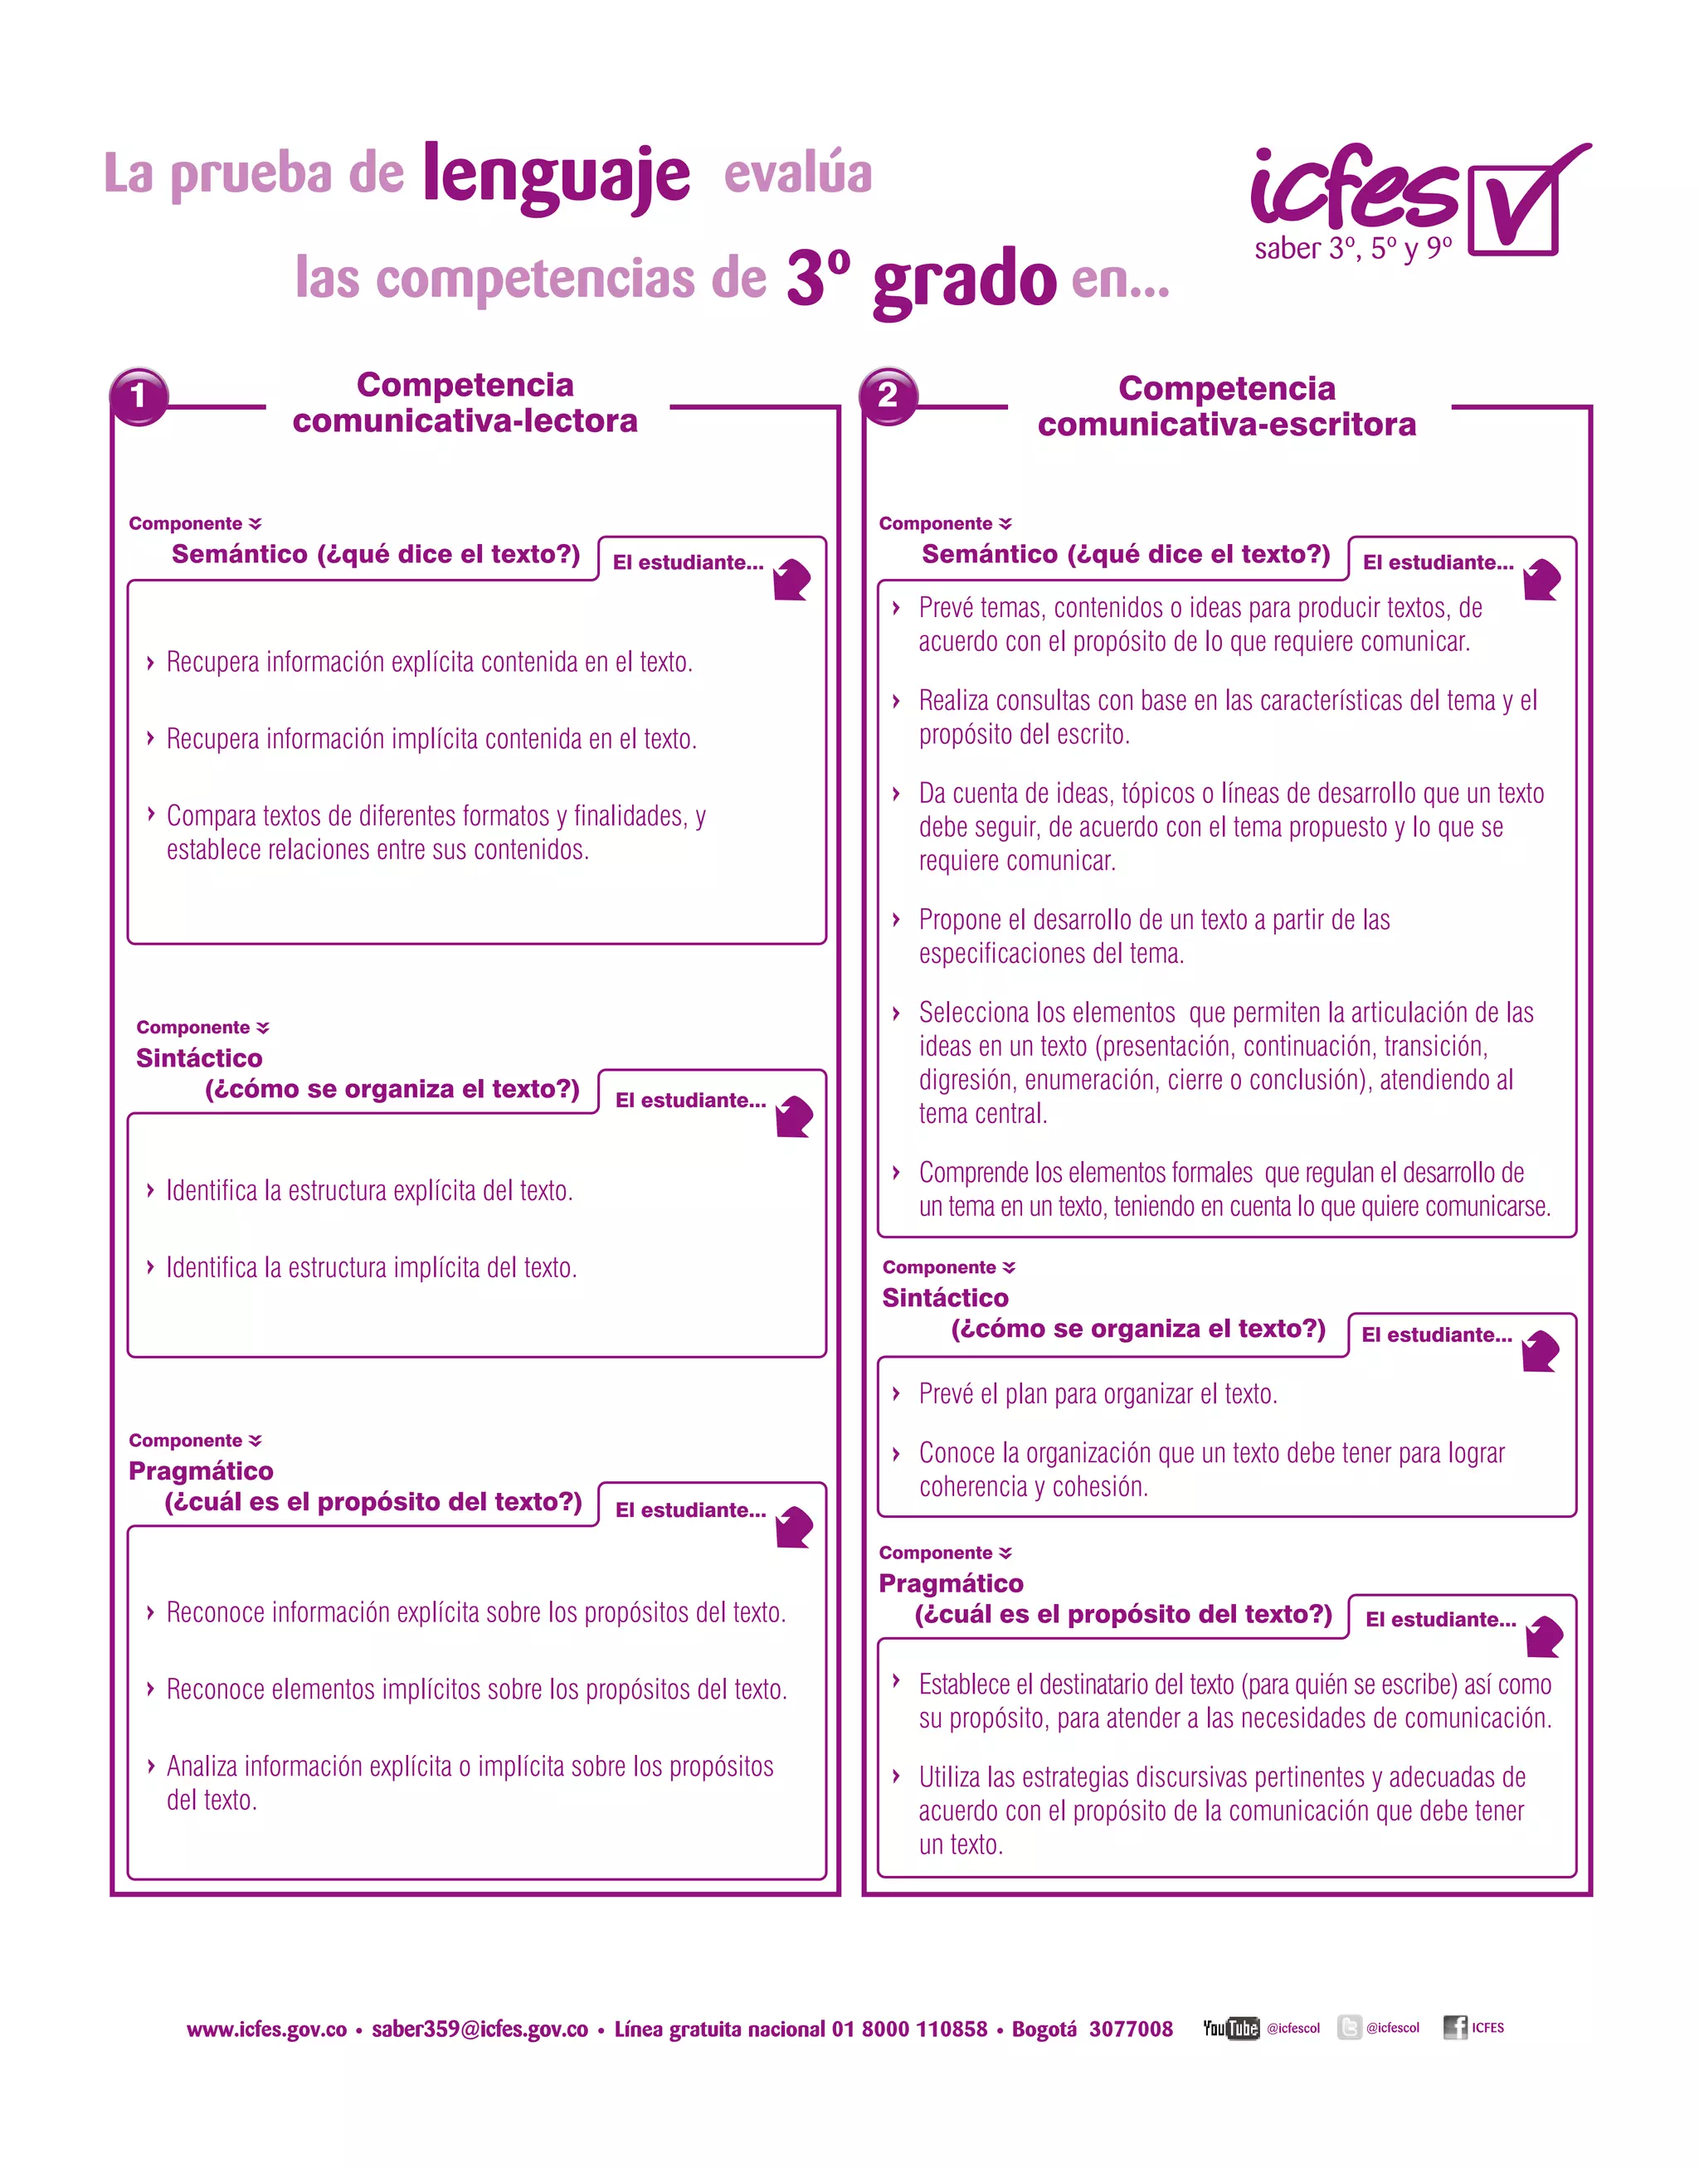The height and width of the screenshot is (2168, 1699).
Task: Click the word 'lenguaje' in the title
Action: (555, 177)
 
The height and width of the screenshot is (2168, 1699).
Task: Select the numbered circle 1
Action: (139, 396)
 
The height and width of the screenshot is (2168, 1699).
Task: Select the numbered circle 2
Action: (888, 396)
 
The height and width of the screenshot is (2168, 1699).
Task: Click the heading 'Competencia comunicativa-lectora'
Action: (465, 403)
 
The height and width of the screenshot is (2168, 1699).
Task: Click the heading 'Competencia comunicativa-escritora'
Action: (1226, 406)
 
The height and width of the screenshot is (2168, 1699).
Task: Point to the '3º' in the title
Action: (818, 278)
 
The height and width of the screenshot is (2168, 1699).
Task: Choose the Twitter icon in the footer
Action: (1349, 2027)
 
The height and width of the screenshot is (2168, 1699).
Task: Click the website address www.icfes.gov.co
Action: (266, 2029)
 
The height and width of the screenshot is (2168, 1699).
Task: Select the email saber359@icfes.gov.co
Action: (480, 2029)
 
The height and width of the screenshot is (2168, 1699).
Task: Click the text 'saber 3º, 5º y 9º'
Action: (1353, 249)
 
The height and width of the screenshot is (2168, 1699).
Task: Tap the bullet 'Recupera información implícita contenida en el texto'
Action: (431, 739)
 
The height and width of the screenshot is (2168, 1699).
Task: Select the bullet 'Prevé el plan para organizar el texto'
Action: (1098, 1394)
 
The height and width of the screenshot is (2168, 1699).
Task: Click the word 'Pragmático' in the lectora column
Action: (201, 1470)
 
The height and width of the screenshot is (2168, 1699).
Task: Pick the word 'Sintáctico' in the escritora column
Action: (945, 1298)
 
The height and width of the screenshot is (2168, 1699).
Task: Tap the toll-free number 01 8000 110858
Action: (909, 2029)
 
